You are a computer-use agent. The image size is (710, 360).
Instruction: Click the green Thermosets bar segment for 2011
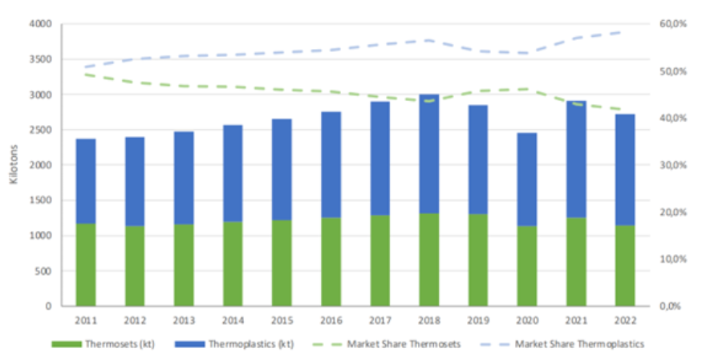pos(85,265)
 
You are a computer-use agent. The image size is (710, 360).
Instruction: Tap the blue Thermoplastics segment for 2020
pos(527,179)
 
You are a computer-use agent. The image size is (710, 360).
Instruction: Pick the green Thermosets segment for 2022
pos(625,265)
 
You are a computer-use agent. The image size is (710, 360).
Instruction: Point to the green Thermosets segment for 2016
pos(331,261)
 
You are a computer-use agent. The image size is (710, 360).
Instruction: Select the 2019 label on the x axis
pos(478,319)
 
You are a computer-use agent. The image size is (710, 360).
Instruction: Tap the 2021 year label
pos(576,319)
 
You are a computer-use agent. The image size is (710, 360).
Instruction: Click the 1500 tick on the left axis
pos(40,200)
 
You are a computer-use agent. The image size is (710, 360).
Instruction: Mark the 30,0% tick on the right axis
pos(672,165)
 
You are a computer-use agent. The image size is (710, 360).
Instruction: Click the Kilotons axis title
pos(14,165)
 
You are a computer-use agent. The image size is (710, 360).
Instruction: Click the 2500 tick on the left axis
pos(40,130)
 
